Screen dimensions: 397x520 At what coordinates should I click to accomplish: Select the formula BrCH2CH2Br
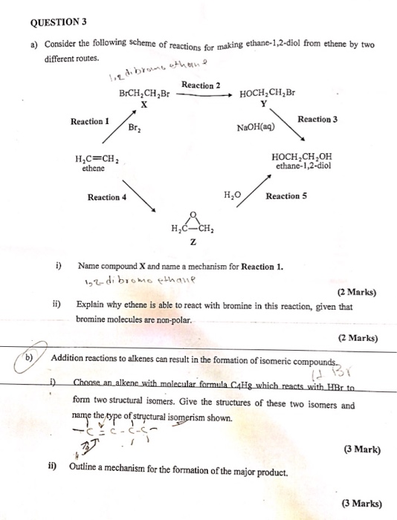click(144, 94)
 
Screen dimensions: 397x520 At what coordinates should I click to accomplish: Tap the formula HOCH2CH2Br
click(268, 94)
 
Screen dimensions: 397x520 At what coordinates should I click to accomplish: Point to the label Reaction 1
click(90, 121)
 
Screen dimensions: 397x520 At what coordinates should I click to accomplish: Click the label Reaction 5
click(286, 196)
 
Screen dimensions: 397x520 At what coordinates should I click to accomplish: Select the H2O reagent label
click(233, 195)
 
